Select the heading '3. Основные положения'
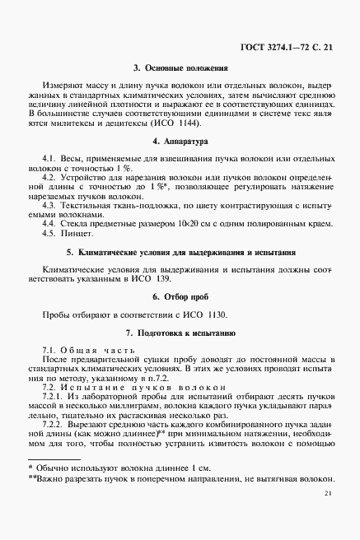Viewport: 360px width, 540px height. pos(180,67)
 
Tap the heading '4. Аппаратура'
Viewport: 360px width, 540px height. pos(180,142)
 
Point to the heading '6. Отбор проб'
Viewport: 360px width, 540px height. pos(180,295)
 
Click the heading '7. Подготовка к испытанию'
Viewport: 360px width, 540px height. pos(180,333)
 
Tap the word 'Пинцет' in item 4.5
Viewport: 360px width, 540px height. pos(80,233)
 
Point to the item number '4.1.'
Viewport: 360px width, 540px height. pos(49,156)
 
